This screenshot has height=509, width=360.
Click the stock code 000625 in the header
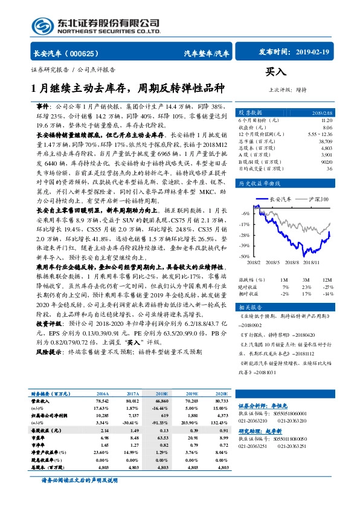point(88,54)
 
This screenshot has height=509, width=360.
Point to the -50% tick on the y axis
point(244,256)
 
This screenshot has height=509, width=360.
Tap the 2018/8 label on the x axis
point(292,262)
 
